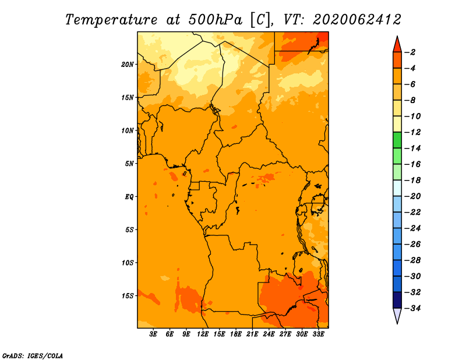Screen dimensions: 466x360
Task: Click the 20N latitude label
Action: [128, 65]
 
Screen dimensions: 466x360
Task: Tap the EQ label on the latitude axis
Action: [129, 197]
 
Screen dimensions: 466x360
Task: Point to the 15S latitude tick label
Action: [128, 296]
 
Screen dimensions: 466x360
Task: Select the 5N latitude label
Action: [129, 164]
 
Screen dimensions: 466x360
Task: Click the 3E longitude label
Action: [153, 334]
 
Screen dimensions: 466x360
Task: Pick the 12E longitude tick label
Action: [203, 334]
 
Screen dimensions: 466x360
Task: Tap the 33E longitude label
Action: [318, 334]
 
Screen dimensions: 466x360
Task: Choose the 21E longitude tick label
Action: [252, 334]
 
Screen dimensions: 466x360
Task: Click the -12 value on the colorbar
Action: [413, 132]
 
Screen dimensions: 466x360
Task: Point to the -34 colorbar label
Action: [413, 308]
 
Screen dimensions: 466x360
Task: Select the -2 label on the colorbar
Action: [410, 52]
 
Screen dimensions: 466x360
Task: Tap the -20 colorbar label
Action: [413, 196]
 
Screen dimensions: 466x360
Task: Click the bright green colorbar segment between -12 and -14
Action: [397, 140]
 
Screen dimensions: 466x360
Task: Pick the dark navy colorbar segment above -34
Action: [397, 300]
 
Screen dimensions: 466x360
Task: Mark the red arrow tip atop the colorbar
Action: [397, 36]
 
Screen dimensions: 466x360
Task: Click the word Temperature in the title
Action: [111, 20]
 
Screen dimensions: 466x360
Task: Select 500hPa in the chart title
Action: [215, 20]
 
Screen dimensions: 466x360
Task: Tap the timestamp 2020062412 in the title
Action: [357, 20]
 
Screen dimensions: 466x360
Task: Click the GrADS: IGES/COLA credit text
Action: [33, 355]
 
